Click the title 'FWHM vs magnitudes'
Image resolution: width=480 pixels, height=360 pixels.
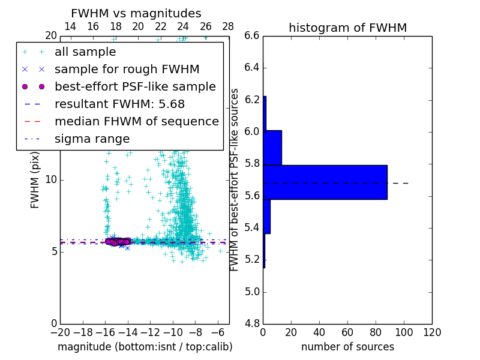[x=136, y=13]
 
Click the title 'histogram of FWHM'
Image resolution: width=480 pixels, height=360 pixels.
[x=347, y=28]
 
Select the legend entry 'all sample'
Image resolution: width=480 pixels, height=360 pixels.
[x=85, y=52]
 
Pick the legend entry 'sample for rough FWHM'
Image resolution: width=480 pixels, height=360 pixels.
[x=127, y=69]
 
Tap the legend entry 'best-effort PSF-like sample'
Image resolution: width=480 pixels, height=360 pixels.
[x=135, y=86]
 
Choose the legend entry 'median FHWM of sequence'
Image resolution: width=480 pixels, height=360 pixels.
[x=136, y=121]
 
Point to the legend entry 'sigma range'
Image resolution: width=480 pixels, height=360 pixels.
[x=92, y=139]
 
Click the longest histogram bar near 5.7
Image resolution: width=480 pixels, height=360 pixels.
[x=325, y=182]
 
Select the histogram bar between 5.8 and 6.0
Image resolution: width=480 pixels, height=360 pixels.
[x=272, y=147]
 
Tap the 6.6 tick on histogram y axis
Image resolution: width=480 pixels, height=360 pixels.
[x=252, y=36]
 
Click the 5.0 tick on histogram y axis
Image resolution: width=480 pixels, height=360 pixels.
[x=252, y=292]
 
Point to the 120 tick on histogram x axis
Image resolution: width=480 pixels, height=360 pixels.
[x=432, y=332]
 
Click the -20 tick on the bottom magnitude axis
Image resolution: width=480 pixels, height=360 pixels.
[x=60, y=332]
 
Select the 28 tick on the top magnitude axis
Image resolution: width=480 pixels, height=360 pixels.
[x=228, y=26]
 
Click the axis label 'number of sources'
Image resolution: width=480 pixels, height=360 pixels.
[x=347, y=347]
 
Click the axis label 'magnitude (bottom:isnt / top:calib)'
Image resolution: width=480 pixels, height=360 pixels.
[x=145, y=347]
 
